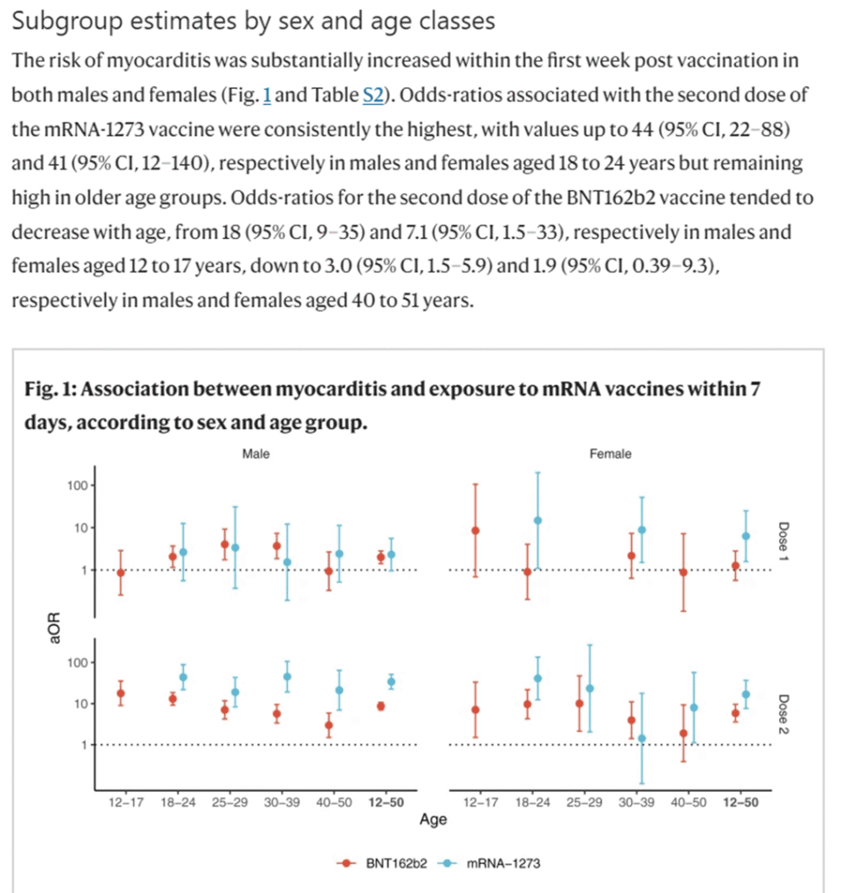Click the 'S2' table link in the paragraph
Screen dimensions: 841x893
pos(373,94)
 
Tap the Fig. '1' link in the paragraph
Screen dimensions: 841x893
pos(267,94)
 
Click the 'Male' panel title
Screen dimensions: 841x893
pos(256,453)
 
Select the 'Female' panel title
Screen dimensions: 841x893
pos(610,453)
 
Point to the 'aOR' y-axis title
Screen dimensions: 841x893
pos(55,628)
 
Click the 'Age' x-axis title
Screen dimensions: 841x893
pos(433,820)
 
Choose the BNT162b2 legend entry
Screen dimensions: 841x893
pos(382,863)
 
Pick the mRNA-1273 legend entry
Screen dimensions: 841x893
pos(489,863)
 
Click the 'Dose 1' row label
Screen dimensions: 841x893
pos(783,541)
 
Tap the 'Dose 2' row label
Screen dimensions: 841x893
pos(783,714)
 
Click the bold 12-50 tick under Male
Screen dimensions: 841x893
pos(386,802)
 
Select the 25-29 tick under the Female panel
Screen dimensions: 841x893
pos(584,802)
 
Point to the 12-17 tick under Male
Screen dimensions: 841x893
pos(126,802)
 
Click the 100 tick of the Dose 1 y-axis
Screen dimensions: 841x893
pos(78,486)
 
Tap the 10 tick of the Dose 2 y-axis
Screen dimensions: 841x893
pos(80,704)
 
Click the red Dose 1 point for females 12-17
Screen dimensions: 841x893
pos(475,531)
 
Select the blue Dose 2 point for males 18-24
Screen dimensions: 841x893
pos(183,677)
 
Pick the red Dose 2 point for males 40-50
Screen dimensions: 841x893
pos(329,726)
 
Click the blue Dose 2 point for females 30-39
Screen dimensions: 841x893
pos(641,739)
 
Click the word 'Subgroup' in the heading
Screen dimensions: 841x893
pos(67,22)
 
